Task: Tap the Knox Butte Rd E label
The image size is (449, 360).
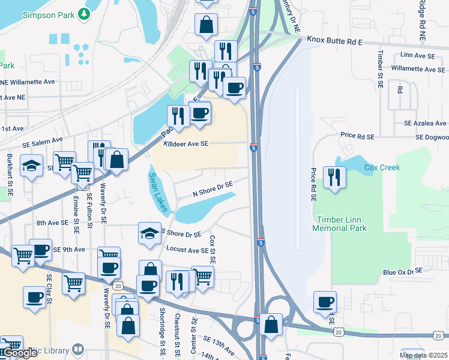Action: pyautogui.click(x=335, y=40)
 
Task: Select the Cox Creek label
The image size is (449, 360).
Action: pyautogui.click(x=381, y=167)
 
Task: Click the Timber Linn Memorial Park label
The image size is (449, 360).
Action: pyautogui.click(x=339, y=224)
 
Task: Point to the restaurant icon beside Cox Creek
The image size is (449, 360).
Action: pyautogui.click(x=334, y=177)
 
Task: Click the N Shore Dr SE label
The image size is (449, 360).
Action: pyautogui.click(x=212, y=190)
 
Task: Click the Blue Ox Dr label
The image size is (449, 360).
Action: pyautogui.click(x=399, y=272)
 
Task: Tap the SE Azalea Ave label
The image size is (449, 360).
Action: pyautogui.click(x=426, y=123)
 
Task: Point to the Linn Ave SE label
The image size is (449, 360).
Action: pyautogui.click(x=417, y=55)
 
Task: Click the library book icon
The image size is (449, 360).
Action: pyautogui.click(x=78, y=349)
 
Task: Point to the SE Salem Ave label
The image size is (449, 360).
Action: pyautogui.click(x=43, y=144)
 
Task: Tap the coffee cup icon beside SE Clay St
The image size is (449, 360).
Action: pyautogui.click(x=34, y=296)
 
